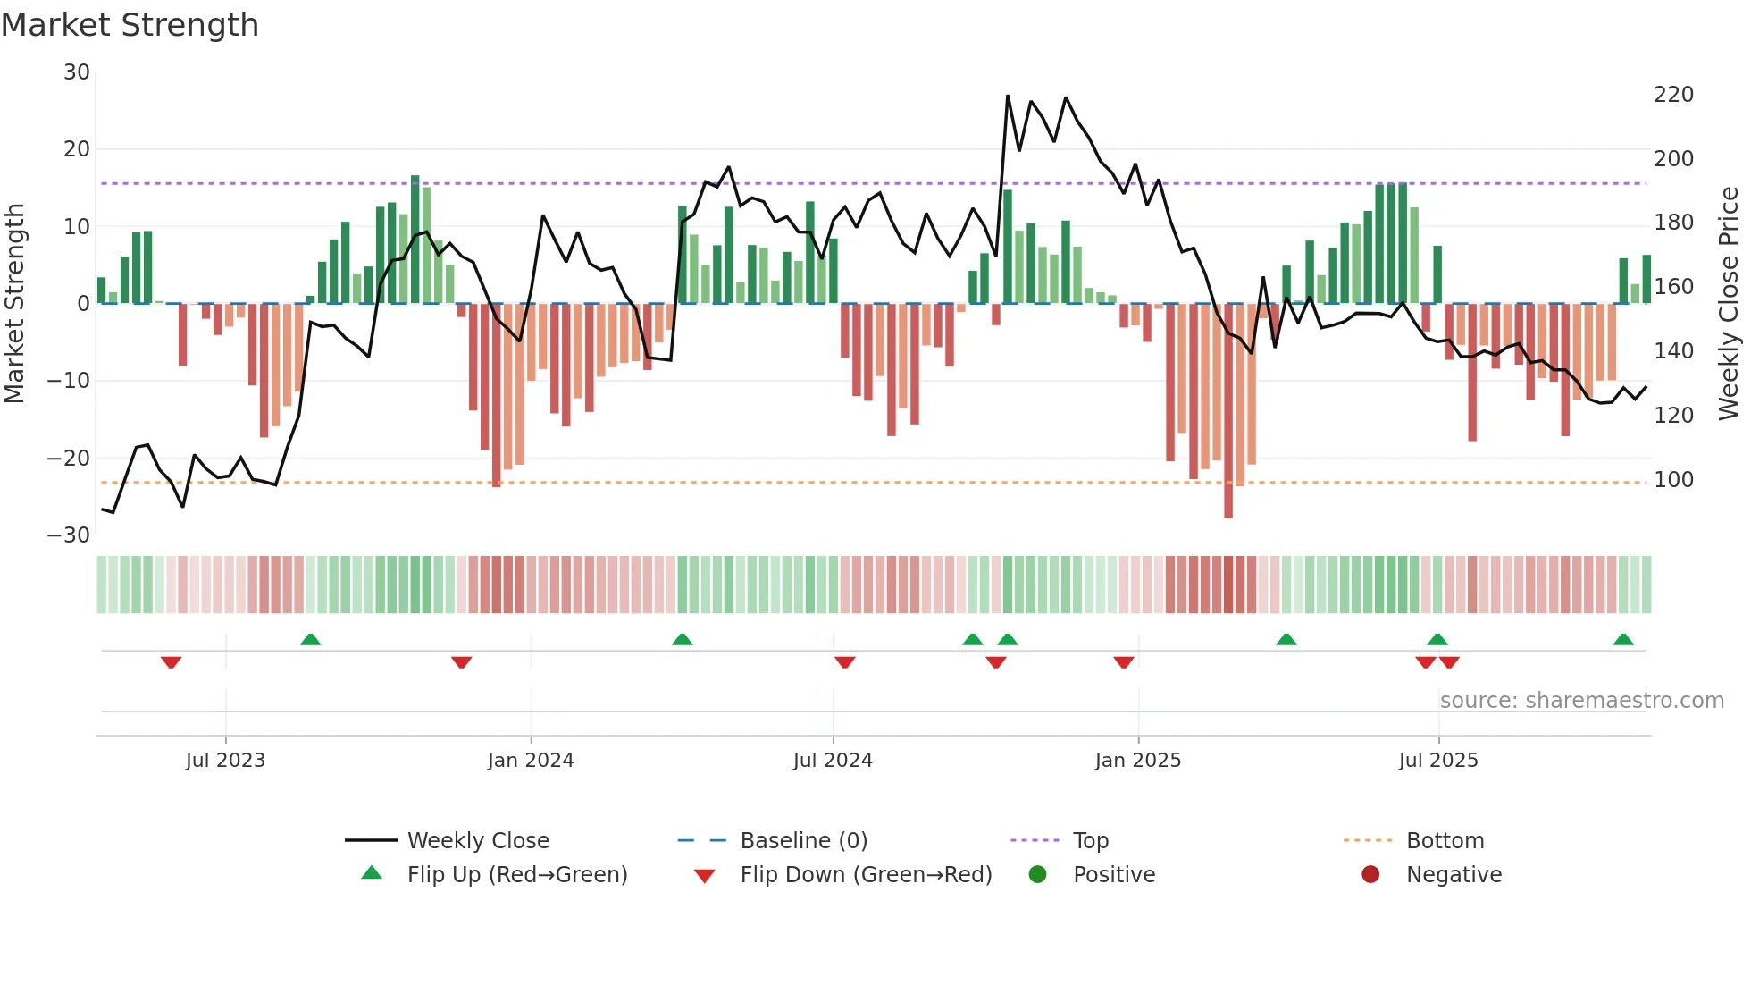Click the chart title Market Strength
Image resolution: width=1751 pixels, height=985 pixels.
130,25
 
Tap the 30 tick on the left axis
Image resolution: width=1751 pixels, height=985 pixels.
77,72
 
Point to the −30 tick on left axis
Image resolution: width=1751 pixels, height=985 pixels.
69,535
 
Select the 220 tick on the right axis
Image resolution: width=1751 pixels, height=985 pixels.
1673,95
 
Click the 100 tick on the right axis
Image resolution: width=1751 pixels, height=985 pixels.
1673,480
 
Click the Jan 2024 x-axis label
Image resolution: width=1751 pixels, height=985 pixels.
531,761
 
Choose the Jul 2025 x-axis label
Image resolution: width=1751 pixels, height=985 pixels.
1438,761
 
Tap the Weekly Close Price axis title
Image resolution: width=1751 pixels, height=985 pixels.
1729,304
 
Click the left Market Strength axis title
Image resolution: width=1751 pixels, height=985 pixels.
14,304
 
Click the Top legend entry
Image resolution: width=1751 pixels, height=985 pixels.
1090,841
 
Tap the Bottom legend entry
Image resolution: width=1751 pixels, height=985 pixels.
1445,841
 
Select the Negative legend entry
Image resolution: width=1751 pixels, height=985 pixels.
1454,875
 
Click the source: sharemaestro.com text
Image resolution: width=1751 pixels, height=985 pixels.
1581,701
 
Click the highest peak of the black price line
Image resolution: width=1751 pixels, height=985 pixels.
1008,96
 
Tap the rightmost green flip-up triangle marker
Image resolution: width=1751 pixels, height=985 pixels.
1623,640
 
